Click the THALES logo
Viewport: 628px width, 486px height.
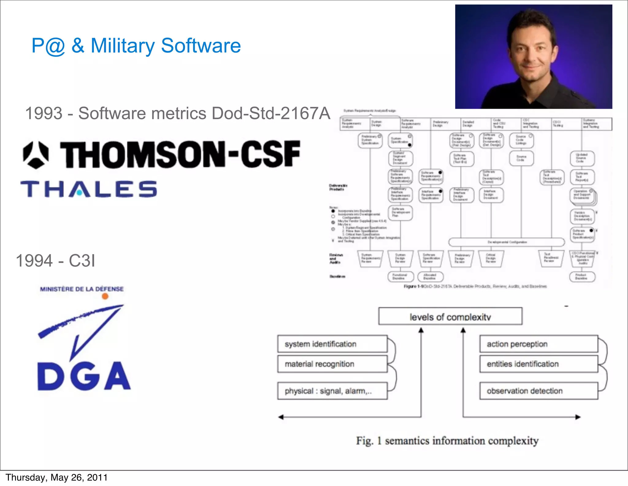(89, 189)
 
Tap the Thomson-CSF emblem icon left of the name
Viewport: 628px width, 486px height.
(36, 155)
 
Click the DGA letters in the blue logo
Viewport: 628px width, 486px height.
(84, 376)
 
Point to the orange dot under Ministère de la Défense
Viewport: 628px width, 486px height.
(105, 296)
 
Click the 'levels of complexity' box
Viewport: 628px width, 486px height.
(450, 316)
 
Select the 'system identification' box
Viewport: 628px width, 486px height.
(332, 344)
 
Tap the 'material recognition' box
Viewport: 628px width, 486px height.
(332, 364)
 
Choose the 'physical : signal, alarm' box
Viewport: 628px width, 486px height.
(332, 391)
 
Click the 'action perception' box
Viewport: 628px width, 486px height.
(538, 344)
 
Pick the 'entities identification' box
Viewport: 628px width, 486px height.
(538, 364)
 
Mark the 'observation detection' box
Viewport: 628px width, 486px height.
(538, 391)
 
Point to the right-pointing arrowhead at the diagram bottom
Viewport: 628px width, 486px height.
(578, 417)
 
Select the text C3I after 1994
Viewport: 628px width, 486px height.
(82, 261)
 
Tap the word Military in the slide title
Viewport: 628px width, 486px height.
(123, 46)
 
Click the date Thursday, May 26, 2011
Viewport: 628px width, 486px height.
(57, 477)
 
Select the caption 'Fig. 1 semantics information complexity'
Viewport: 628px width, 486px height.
(447, 441)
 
